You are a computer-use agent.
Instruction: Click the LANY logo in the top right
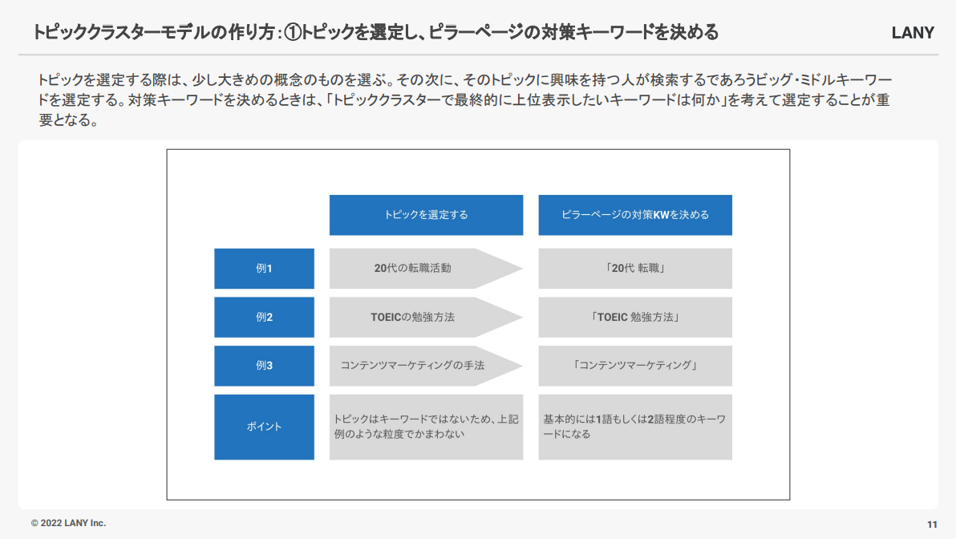[913, 33]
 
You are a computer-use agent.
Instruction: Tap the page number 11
[932, 525]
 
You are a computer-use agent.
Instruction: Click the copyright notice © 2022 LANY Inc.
[68, 523]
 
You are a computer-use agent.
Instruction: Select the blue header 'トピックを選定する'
[426, 215]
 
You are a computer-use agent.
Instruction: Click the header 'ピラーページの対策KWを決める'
[635, 215]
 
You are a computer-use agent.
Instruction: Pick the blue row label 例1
[264, 268]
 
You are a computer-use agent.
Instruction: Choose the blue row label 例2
[264, 317]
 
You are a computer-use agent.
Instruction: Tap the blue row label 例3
[264, 366]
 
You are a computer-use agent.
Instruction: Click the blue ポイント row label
[264, 427]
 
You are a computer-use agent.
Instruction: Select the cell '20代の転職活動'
[413, 268]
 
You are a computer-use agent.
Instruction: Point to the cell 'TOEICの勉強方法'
[413, 317]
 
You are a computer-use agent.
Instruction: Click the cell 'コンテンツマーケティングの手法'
[413, 366]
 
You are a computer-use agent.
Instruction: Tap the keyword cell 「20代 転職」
[635, 268]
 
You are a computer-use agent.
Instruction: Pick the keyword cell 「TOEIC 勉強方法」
[635, 317]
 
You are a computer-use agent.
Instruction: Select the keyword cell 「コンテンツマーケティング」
[635, 366]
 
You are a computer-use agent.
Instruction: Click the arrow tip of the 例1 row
[522, 268]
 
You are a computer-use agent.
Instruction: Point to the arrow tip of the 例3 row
[522, 366]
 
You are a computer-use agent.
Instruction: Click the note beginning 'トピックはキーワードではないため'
[426, 427]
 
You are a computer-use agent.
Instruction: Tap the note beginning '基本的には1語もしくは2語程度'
[635, 427]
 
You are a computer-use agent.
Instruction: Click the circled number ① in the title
[294, 32]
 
